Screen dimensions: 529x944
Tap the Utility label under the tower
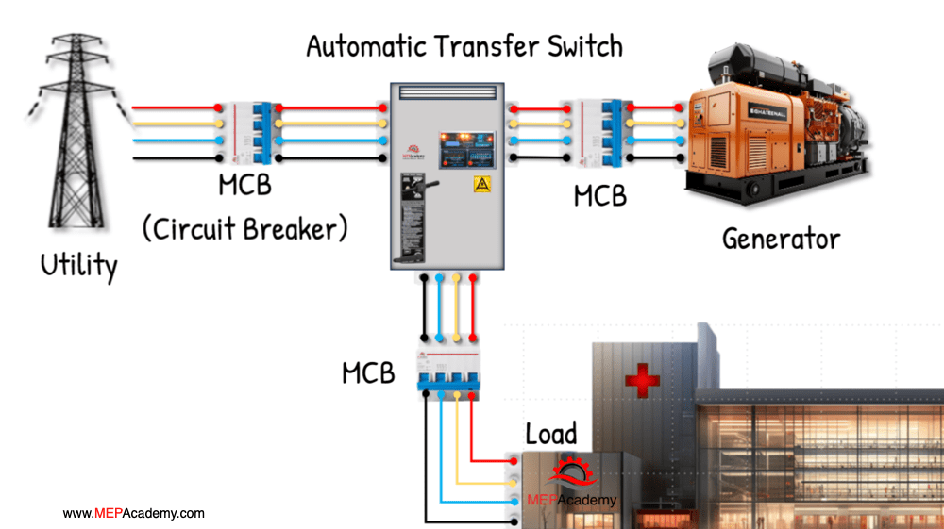pos(79,265)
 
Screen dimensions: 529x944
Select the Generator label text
pos(781,238)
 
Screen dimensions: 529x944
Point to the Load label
pos(550,434)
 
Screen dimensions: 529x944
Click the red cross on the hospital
pos(642,381)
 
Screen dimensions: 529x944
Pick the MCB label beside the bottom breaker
pos(368,373)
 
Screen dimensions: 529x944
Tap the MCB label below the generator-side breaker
pos(600,196)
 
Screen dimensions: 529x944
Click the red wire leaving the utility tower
pos(175,109)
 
